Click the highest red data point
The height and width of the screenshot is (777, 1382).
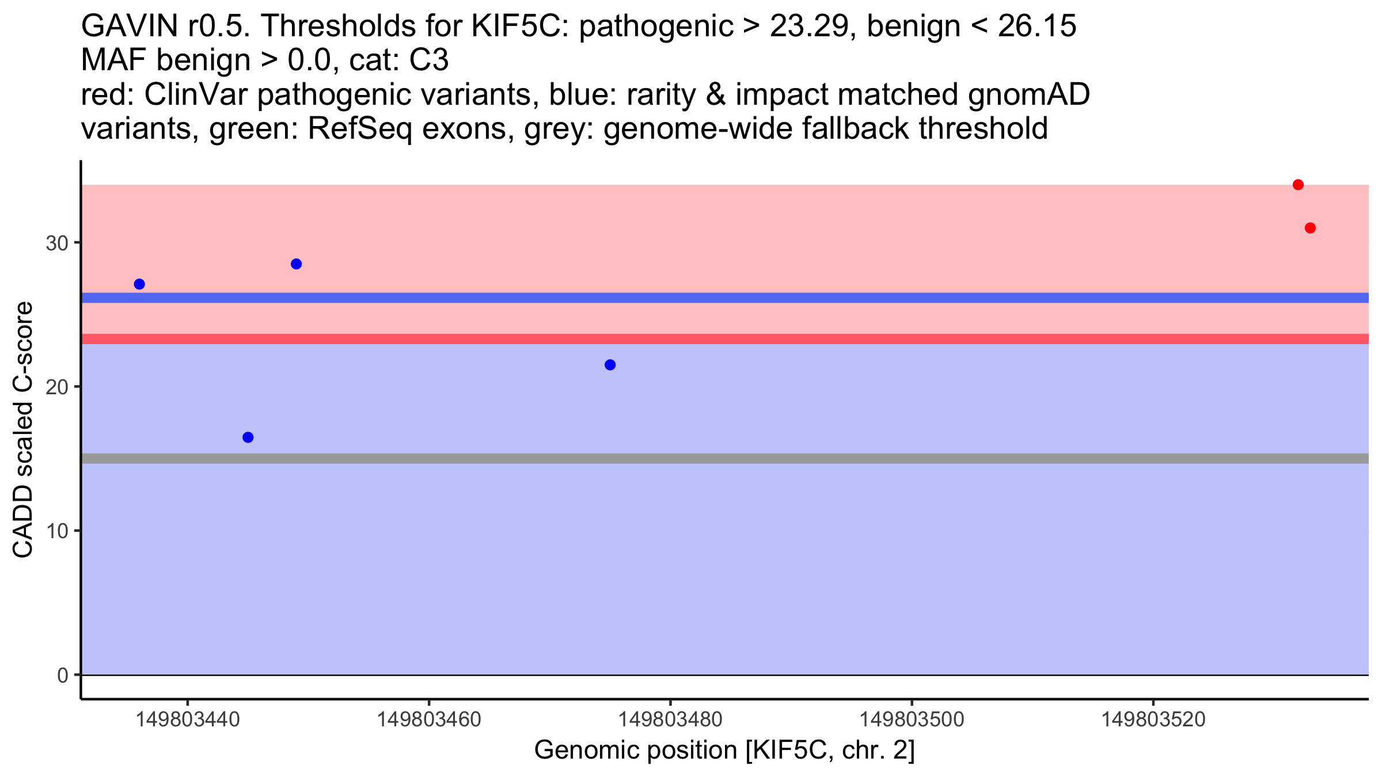1298,185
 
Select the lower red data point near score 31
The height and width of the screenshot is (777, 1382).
1310,228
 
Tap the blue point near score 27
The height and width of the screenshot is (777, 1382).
139,284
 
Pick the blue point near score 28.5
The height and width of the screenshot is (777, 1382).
297,264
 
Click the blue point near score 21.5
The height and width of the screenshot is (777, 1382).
610,365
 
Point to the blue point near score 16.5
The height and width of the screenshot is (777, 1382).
248,437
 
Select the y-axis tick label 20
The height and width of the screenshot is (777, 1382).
57,387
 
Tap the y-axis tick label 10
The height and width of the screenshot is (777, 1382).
57,531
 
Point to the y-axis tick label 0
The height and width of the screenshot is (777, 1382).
63,675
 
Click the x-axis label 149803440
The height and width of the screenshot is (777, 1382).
187,719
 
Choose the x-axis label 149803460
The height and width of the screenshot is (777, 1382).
428,719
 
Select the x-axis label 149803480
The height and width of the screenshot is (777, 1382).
670,719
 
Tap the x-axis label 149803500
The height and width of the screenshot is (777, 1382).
912,719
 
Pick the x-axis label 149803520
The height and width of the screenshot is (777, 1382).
1153,719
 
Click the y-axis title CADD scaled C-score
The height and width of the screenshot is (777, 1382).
23,430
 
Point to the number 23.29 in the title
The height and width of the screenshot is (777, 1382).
808,26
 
